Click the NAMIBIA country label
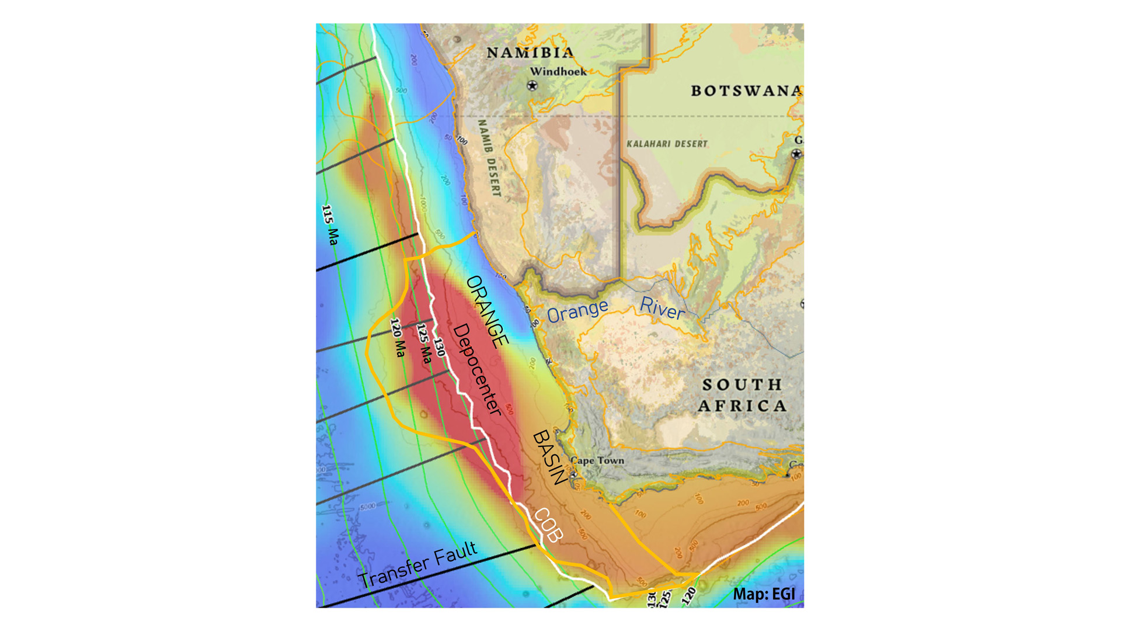(x=530, y=53)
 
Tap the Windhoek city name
(x=558, y=72)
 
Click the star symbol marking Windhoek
(x=532, y=86)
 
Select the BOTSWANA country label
(x=746, y=91)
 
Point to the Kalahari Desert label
(x=667, y=144)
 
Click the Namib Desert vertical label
(x=489, y=158)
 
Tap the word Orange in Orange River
(x=577, y=311)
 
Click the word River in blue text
(x=662, y=308)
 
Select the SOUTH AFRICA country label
(x=742, y=395)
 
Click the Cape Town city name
(x=597, y=460)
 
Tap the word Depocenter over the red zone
(x=477, y=370)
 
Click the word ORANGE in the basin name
(x=488, y=311)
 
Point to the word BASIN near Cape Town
(x=549, y=457)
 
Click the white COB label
(x=548, y=525)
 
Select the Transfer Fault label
(x=418, y=565)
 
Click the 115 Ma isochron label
(x=330, y=225)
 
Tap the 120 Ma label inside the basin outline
(x=398, y=338)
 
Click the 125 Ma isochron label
(x=424, y=344)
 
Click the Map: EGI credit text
(x=764, y=594)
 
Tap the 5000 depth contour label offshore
(x=367, y=507)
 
